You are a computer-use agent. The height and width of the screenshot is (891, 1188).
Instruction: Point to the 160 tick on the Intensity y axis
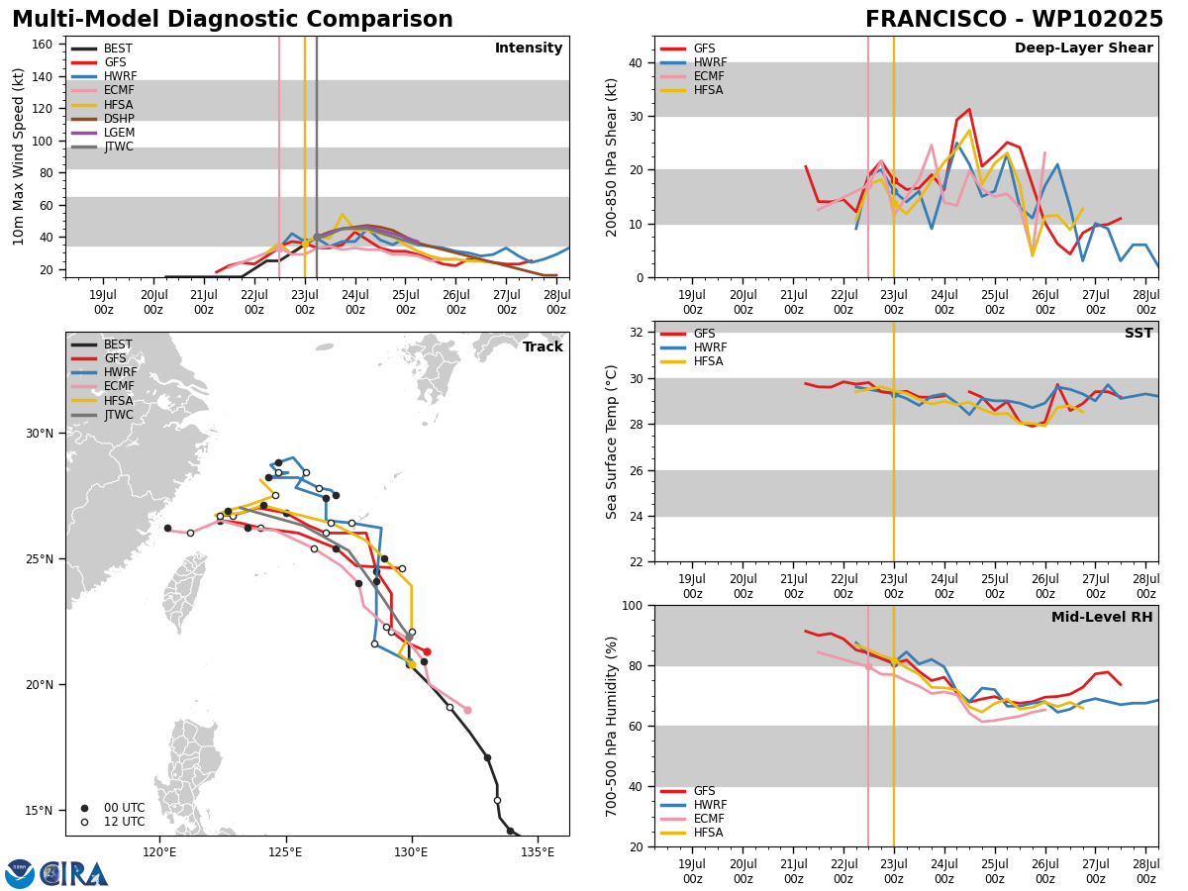coord(42,45)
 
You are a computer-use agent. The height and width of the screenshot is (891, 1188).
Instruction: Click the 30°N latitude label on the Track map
coord(40,434)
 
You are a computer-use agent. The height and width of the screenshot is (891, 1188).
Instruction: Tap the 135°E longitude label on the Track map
coord(538,852)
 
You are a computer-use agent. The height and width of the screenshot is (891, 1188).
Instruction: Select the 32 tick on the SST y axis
coord(636,333)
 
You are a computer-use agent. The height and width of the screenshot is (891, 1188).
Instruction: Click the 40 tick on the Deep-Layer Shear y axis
coord(636,63)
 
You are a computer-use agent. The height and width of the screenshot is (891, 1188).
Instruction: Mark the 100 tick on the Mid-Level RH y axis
coord(633,605)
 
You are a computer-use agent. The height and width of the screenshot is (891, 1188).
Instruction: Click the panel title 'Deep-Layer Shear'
coord(1083,48)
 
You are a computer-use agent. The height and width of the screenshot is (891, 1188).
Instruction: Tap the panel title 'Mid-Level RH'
coord(1102,617)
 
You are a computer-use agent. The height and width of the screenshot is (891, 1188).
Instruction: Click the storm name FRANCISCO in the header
coord(936,20)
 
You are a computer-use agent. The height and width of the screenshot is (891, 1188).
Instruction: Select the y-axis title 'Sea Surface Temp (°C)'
coord(611,442)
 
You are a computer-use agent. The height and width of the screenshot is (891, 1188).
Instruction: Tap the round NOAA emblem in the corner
coord(20,873)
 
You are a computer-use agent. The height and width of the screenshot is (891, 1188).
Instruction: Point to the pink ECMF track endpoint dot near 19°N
coord(467,710)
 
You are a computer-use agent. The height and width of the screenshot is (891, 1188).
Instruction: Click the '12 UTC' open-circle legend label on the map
coord(125,822)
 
